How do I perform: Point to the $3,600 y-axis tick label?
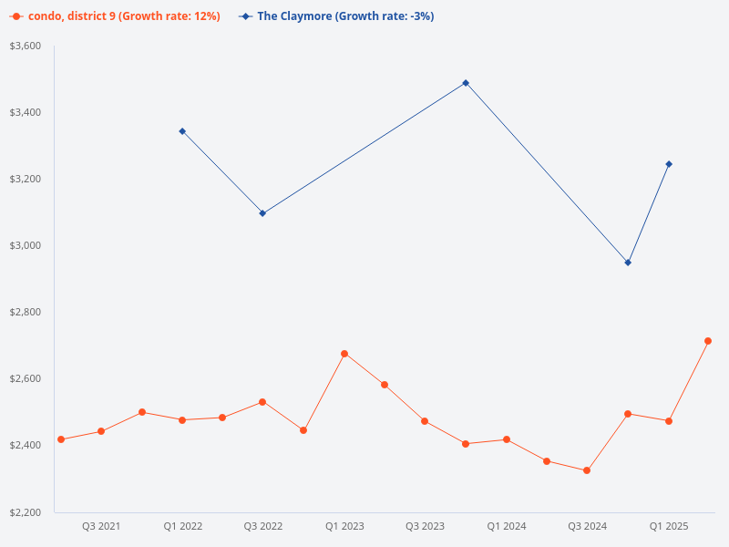26,46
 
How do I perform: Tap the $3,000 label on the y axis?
26,245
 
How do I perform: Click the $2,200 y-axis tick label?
26,512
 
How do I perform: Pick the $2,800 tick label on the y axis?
26,312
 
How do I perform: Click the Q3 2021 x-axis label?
101,526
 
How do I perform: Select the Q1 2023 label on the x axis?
344,526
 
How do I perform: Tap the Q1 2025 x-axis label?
669,526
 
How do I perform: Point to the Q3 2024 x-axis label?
588,526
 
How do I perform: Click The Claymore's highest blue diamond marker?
466,83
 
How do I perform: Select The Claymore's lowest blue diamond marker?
628,263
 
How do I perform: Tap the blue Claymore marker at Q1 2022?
182,131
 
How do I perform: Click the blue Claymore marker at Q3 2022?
262,213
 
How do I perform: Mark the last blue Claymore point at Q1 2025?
669,164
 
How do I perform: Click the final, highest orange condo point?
708,341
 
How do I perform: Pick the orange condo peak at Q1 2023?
344,354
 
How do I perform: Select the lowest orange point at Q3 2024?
587,470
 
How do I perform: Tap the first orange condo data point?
61,439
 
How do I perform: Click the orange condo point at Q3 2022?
262,402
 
